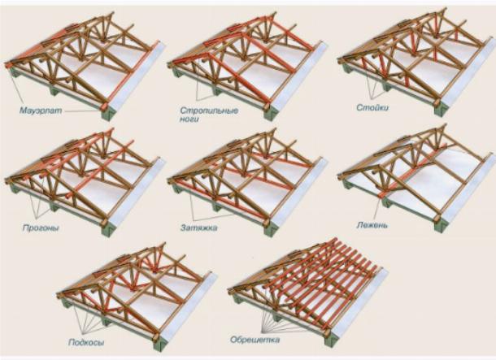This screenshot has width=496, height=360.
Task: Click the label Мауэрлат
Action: (41, 111)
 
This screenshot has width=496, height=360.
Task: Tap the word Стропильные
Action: (209, 111)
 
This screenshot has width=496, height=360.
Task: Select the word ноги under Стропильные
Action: (189, 119)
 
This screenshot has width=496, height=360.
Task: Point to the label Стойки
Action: (372, 108)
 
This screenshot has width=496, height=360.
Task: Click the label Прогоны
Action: (41, 228)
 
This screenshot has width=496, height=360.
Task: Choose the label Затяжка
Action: (199, 228)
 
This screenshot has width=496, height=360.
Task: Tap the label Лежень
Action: (372, 225)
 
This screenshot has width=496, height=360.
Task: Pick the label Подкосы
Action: (86, 342)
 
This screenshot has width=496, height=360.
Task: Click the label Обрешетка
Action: (255, 340)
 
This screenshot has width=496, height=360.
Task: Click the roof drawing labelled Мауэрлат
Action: (85, 65)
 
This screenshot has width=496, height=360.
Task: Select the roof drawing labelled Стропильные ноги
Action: (248, 65)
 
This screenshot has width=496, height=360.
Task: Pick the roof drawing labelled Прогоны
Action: (85, 182)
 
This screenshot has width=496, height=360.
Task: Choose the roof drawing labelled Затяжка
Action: (248, 182)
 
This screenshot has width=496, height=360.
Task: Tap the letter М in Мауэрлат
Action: (24, 111)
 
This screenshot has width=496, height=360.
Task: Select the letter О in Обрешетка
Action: (233, 340)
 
